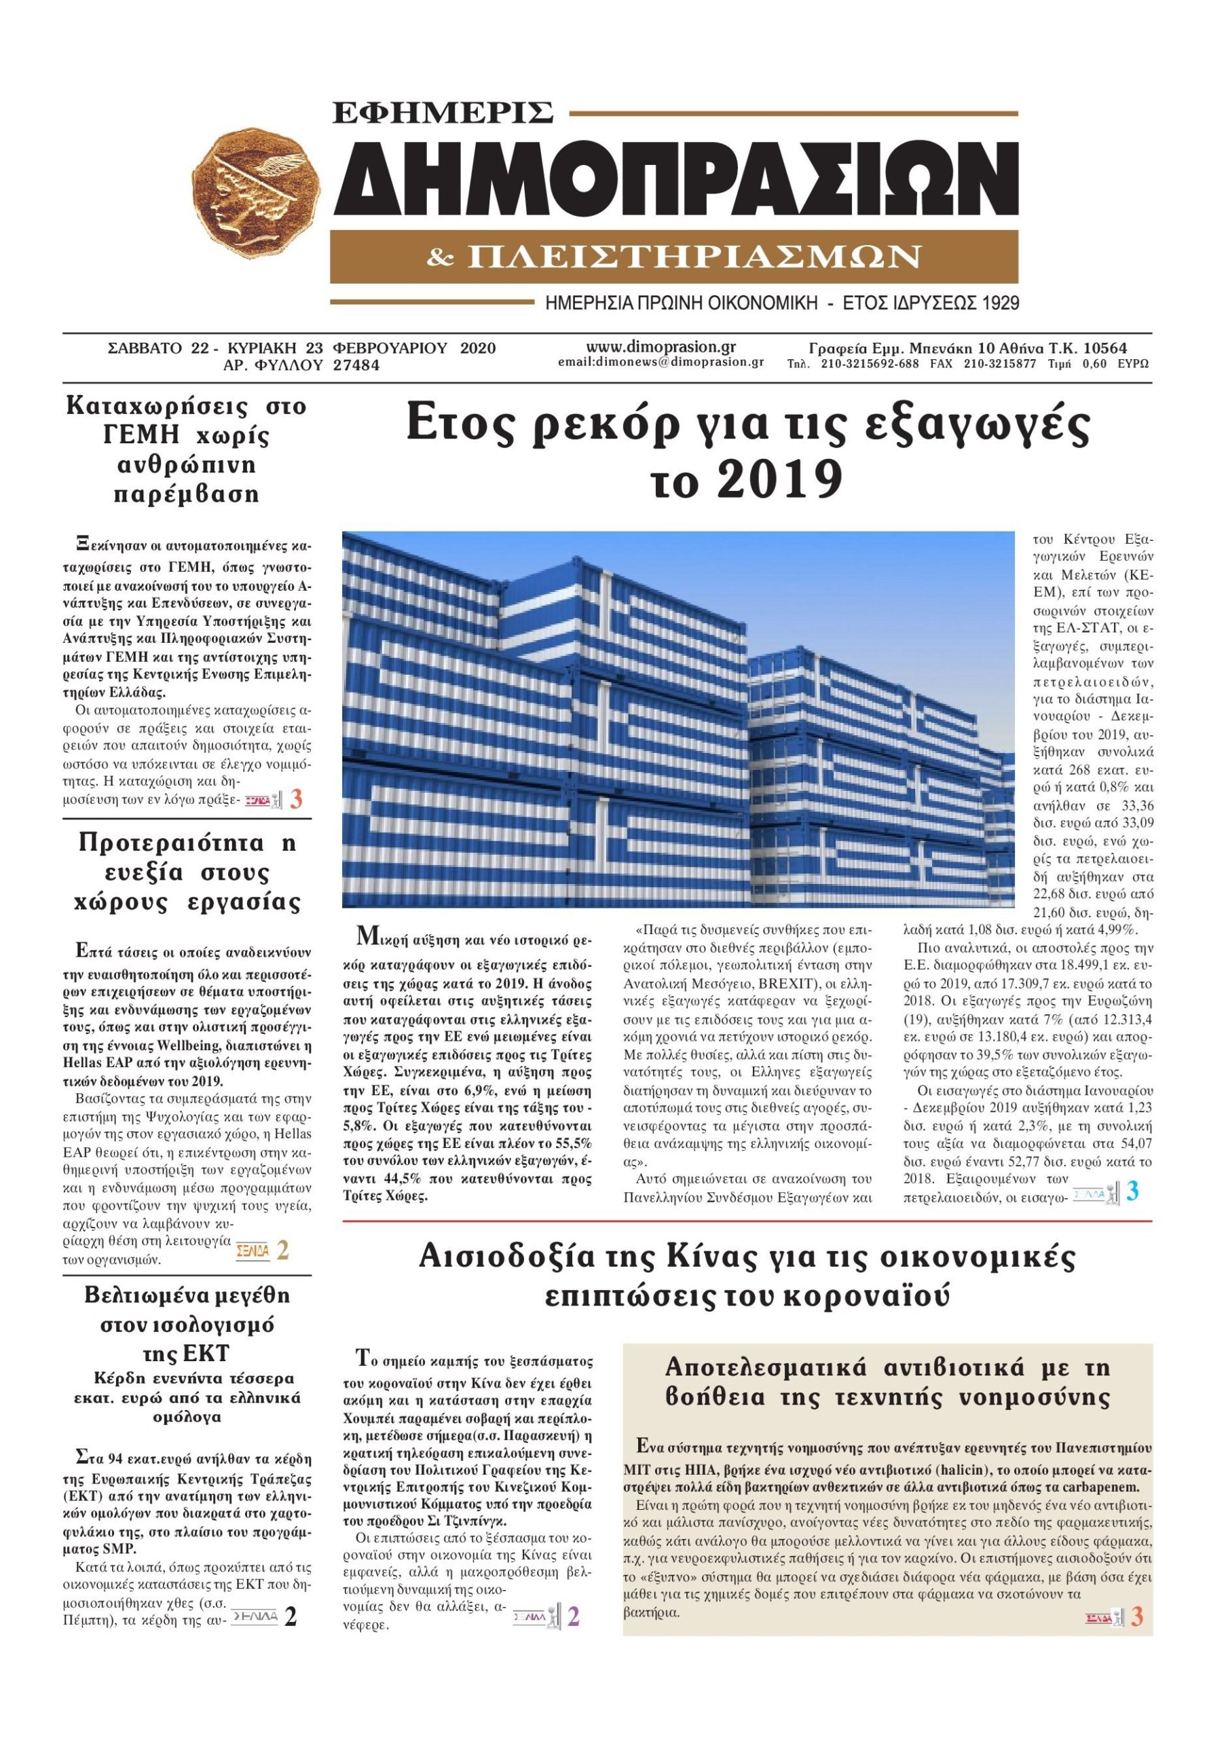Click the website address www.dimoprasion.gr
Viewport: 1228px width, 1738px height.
(x=661, y=348)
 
